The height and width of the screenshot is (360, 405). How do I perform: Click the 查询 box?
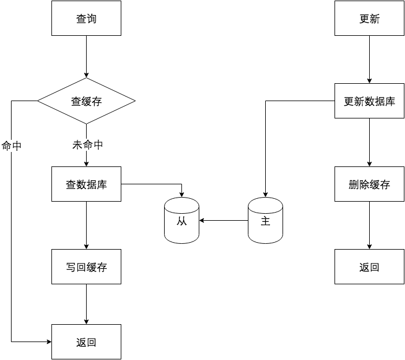click(x=86, y=18)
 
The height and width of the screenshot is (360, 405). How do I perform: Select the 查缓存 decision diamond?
click(x=86, y=101)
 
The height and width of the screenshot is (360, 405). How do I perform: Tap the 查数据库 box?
click(x=86, y=184)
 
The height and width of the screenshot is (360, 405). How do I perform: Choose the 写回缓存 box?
click(x=86, y=267)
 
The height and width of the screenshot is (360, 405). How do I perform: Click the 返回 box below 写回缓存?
click(x=86, y=342)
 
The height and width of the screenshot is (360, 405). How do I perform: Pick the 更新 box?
click(x=369, y=18)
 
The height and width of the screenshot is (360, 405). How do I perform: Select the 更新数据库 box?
click(x=369, y=101)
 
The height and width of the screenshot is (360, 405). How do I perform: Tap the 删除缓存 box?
click(x=369, y=184)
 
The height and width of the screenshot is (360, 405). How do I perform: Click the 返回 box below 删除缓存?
click(x=369, y=267)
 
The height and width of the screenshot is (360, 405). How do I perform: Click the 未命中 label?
click(x=87, y=145)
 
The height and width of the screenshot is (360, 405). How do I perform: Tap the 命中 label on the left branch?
click(x=12, y=146)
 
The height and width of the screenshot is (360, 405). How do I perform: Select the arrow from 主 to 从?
click(x=224, y=220)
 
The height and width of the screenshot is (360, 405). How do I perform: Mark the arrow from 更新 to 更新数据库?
click(x=369, y=60)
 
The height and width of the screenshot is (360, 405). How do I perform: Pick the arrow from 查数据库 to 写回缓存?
click(x=86, y=225)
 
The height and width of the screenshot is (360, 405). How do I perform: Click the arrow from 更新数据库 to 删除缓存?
click(x=369, y=143)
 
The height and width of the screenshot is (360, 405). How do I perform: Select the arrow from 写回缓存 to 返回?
click(x=86, y=304)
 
